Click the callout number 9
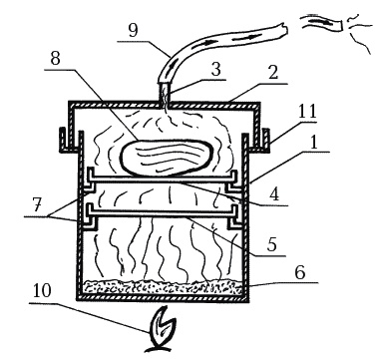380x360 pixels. pyautogui.click(x=133, y=31)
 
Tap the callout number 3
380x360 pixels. pyautogui.click(x=215, y=71)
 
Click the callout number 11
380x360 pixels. pyautogui.click(x=307, y=112)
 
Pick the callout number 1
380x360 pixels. pyautogui.click(x=313, y=143)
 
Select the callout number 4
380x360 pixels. pyautogui.click(x=274, y=195)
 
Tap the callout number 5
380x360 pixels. pyautogui.click(x=271, y=245)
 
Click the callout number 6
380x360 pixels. pyautogui.click(x=300, y=273)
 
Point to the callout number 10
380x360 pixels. pyautogui.click(x=42, y=292)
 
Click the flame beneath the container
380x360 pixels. pyautogui.click(x=163, y=329)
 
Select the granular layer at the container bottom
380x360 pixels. pyautogui.click(x=163, y=287)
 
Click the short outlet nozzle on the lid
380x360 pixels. pyautogui.click(x=165, y=92)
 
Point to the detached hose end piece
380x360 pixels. pyautogui.click(x=322, y=24)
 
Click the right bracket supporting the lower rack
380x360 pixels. pyautogui.click(x=234, y=217)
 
